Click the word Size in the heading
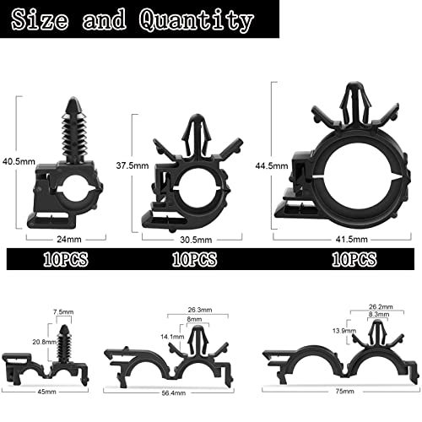tap(40, 19)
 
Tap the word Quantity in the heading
tap(196, 20)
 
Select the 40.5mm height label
tap(19, 161)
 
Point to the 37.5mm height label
tap(133, 165)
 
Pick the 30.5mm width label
tap(196, 240)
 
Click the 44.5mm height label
tap(272, 166)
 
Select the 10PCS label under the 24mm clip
tap(66, 259)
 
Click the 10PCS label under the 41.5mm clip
tap(354, 259)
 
